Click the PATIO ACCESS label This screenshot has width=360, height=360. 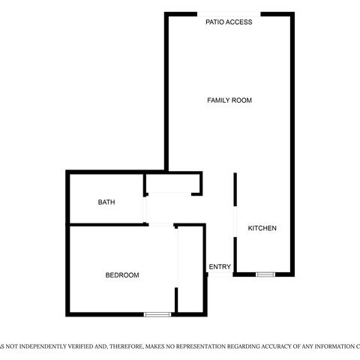(229, 22)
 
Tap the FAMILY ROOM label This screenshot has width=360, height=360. (229, 100)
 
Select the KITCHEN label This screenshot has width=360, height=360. (262, 228)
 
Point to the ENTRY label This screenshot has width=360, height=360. (220, 267)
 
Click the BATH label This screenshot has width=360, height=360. (106, 202)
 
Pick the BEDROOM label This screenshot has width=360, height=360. (122, 275)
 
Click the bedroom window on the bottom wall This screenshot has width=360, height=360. (157, 314)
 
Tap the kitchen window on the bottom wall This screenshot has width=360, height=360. (265, 274)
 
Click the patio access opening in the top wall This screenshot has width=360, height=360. (229, 14)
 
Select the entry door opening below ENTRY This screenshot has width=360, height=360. (220, 274)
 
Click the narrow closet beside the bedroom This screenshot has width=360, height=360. (190, 268)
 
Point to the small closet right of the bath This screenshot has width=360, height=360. (172, 183)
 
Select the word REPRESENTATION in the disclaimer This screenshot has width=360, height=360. (201, 346)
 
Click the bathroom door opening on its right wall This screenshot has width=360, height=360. (145, 209)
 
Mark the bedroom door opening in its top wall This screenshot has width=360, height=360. (161, 225)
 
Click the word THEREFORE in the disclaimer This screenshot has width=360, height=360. (127, 346)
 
